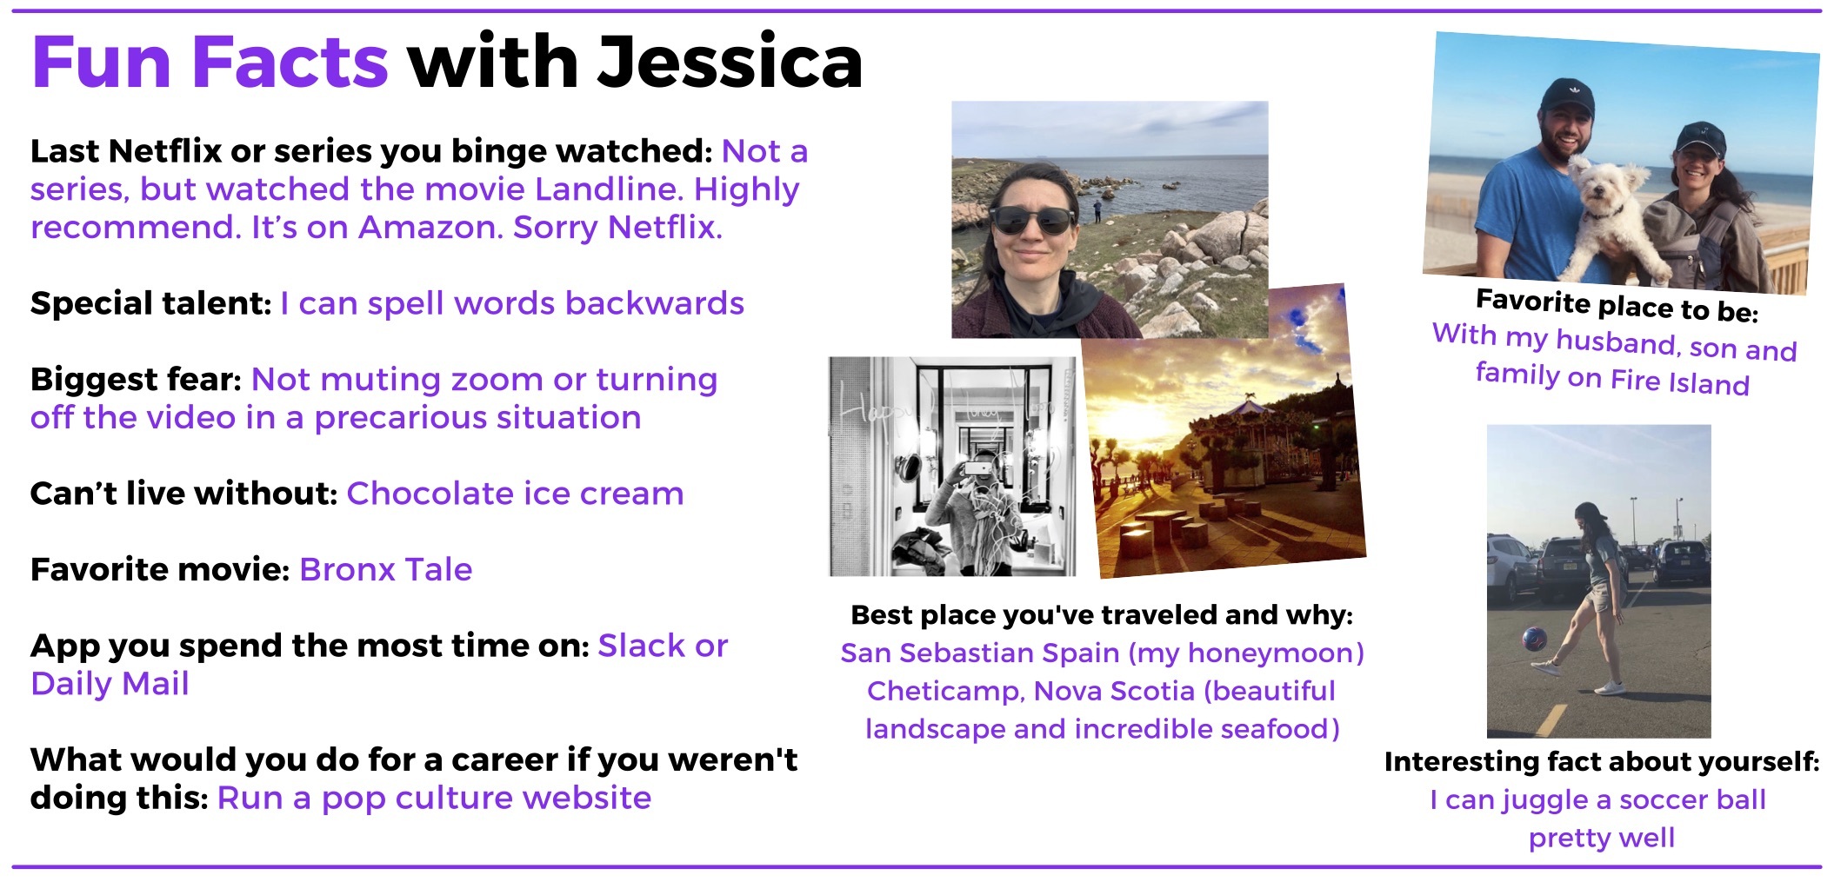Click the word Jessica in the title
coord(730,62)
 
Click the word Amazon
coord(429,227)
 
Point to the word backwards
coord(655,302)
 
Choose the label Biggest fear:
coord(136,380)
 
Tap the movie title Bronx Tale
coord(386,569)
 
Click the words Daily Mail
coord(110,684)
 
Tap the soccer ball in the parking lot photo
coord(1534,640)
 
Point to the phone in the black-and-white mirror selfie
coord(977,468)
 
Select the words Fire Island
coord(1679,382)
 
